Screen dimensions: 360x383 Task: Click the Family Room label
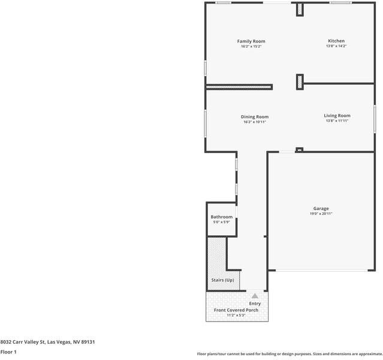(251, 41)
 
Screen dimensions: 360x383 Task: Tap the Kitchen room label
(336, 41)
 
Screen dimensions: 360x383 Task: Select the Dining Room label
(255, 116)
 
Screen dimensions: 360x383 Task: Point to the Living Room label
(337, 115)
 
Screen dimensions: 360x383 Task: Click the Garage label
(321, 208)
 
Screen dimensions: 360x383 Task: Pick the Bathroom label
(221, 217)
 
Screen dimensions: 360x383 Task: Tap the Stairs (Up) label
(222, 280)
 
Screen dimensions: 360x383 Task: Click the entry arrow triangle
(255, 295)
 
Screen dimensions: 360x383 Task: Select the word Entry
(255, 304)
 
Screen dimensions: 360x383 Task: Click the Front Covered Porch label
(237, 310)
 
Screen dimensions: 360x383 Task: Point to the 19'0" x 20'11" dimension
(321, 214)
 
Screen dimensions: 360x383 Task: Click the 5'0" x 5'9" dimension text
(221, 222)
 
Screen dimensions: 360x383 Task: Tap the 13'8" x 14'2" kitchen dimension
(336, 46)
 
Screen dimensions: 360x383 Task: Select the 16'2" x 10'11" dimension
(255, 122)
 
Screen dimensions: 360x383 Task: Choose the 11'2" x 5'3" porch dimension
(237, 315)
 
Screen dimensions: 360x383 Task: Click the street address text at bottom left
(47, 342)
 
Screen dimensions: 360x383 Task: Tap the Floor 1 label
(8, 352)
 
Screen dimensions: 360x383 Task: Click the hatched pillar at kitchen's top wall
(300, 10)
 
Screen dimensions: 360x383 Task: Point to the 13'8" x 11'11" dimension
(337, 121)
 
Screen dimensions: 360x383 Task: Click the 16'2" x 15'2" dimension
(251, 46)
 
